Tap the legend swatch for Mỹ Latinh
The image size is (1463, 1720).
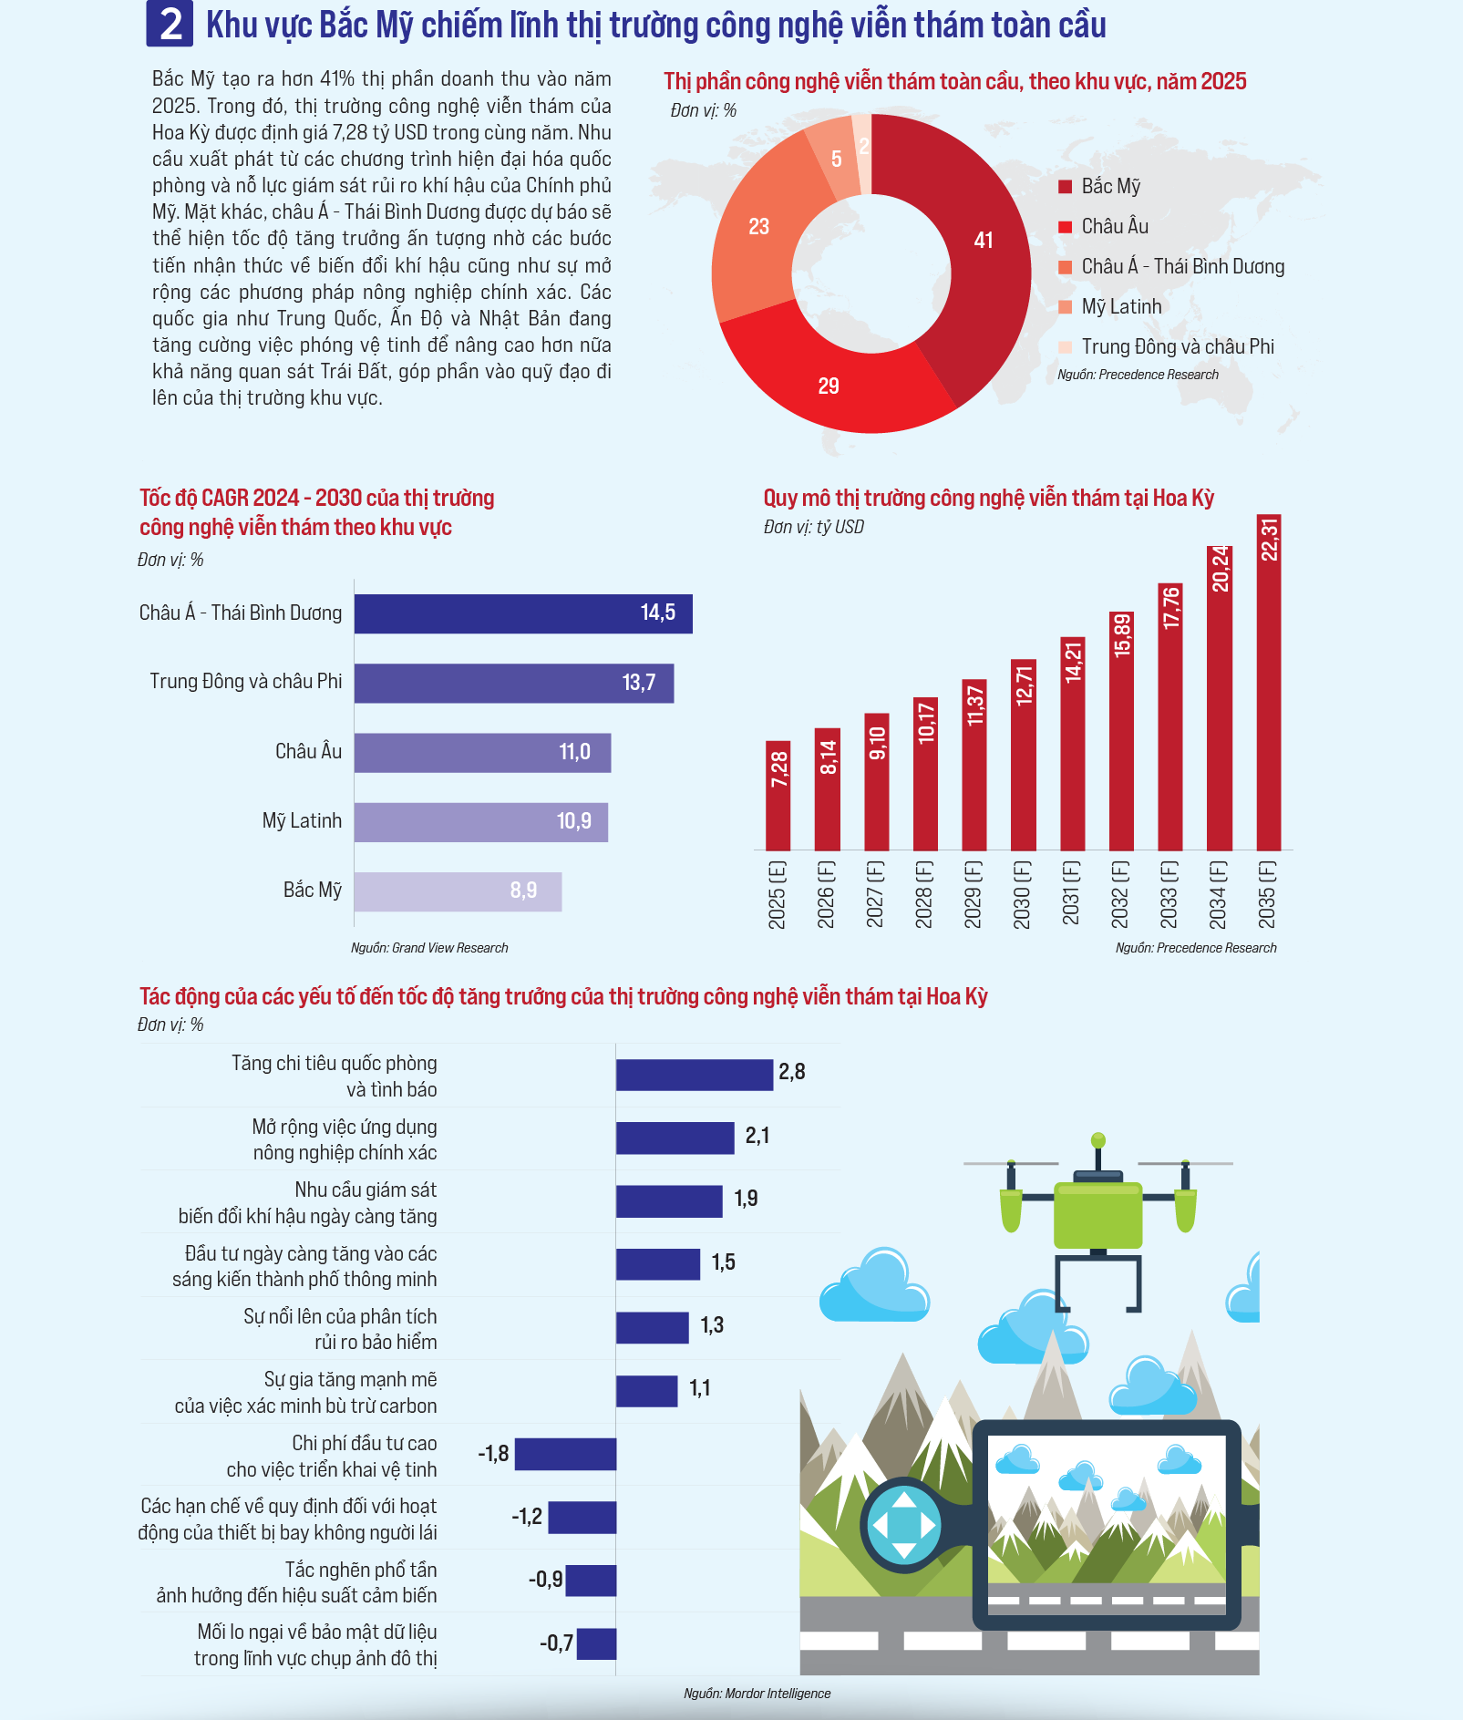click(x=1065, y=307)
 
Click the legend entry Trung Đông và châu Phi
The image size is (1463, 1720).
click(x=1177, y=346)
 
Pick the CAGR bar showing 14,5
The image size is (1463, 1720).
click(x=523, y=613)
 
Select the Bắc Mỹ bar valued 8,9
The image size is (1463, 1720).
click(x=458, y=891)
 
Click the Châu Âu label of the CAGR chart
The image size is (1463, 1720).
click(x=308, y=751)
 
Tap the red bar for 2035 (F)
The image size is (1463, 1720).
click(x=1268, y=682)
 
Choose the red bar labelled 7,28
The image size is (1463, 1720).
click(x=778, y=796)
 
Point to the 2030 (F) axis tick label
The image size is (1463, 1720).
click(x=1022, y=894)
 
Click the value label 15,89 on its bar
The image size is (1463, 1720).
click(x=1121, y=635)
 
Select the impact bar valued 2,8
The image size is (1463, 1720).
click(x=694, y=1075)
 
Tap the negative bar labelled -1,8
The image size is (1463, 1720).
click(x=565, y=1454)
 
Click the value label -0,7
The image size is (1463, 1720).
click(x=557, y=1643)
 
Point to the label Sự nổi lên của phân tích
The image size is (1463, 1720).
click(x=340, y=1316)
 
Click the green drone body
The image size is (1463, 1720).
click(x=1097, y=1215)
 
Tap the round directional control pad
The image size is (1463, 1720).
click(x=903, y=1524)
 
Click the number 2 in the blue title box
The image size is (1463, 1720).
click(x=170, y=25)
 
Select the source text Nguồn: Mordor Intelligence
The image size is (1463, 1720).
click(x=757, y=1694)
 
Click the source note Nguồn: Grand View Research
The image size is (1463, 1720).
click(x=429, y=948)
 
